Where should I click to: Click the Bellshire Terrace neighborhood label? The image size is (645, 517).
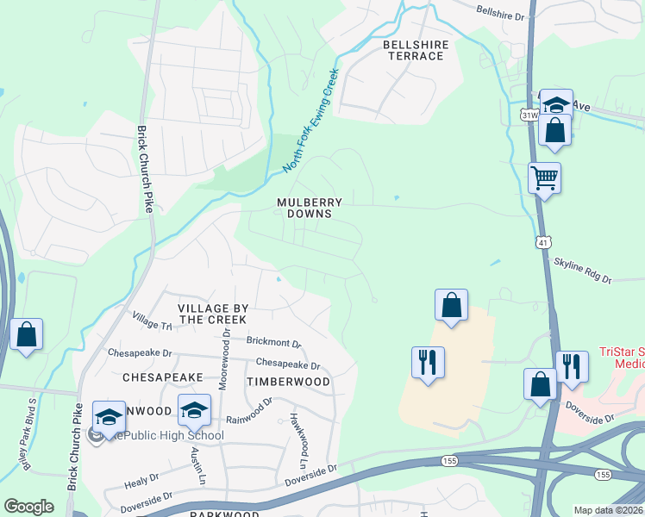pos(413,49)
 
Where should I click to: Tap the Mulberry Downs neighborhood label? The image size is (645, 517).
pos(310,208)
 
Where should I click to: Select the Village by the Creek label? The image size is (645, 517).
pos(213,314)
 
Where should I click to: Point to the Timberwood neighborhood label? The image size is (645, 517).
pos(288,381)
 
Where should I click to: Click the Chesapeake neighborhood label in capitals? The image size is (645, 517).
pos(162,377)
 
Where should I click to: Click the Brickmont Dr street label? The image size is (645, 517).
pos(273,342)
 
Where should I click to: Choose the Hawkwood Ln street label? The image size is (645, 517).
pos(299,434)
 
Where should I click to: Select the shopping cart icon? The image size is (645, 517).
pos(544,178)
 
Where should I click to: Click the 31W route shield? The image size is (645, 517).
pos(529,114)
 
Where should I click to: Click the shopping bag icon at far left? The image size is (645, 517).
pos(26,333)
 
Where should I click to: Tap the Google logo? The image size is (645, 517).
pos(29,506)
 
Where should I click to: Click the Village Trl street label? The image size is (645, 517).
pos(153,322)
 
